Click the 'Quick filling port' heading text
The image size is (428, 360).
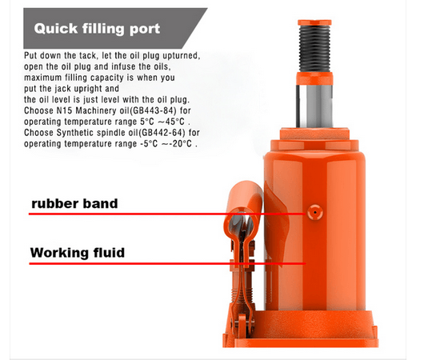[97, 29]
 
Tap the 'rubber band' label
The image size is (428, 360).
[74, 204]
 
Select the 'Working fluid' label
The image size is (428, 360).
[78, 253]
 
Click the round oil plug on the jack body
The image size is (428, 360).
[315, 212]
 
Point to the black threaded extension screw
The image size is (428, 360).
[314, 49]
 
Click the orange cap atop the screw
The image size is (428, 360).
[314, 22]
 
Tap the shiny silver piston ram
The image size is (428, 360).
[314, 106]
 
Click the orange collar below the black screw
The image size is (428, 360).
[314, 78]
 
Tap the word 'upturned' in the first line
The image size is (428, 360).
[181, 56]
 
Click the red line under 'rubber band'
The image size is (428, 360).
[167, 214]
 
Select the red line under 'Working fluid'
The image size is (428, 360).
[167, 264]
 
